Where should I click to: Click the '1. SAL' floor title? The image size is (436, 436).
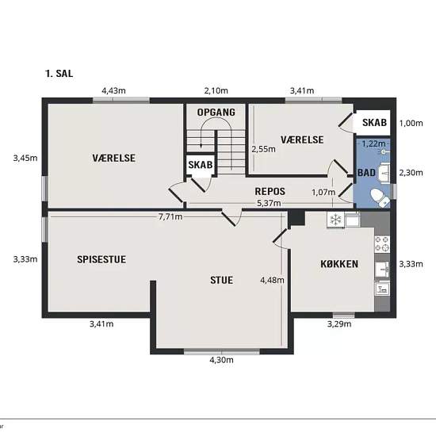point(59,74)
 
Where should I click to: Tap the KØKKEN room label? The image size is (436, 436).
point(339,264)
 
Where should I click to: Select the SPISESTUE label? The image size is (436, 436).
point(101,259)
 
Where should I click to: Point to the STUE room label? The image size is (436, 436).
point(222,280)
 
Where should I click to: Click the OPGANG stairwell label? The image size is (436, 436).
point(216,113)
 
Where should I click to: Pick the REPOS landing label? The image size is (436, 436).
point(270,191)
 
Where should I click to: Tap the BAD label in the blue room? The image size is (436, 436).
point(366,173)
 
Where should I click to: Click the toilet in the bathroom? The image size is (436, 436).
point(380,197)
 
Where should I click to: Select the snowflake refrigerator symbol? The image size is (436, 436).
point(335,220)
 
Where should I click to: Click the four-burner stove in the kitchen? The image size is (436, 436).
point(382,244)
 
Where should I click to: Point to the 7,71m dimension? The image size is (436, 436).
point(170,216)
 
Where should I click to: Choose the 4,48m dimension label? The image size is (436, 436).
point(272,280)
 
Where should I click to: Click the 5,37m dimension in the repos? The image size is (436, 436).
point(269,203)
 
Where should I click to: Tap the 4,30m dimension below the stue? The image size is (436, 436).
point(221,360)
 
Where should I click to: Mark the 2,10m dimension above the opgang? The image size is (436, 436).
point(216,90)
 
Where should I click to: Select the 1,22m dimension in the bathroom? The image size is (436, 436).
point(373,143)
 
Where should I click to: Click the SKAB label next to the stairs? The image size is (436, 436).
point(201,165)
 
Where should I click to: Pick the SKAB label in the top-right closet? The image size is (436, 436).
point(374,123)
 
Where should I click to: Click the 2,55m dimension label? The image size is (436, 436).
point(264,149)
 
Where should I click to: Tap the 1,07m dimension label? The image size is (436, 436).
point(323,192)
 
